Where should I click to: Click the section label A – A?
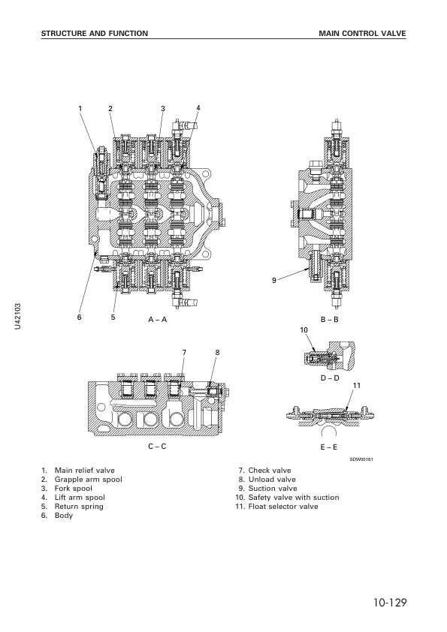[x=157, y=320]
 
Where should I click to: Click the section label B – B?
[x=330, y=320]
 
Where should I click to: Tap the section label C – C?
[x=157, y=446]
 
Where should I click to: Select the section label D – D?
[x=330, y=378]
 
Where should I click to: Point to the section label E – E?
[x=329, y=447]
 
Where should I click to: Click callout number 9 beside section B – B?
[x=274, y=281]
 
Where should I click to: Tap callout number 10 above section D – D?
[x=304, y=330]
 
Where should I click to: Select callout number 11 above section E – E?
[x=357, y=386]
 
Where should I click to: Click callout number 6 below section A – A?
[x=80, y=318]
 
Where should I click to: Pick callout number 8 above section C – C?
[x=217, y=353]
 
